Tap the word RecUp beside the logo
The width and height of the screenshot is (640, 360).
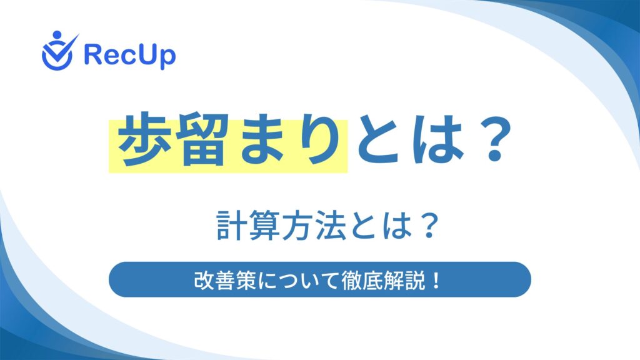130,56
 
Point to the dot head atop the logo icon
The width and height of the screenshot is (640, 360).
57,35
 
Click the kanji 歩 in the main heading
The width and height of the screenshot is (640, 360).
144,139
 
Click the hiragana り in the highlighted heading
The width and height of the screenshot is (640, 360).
317,139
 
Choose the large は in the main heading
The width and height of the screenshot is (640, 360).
439,139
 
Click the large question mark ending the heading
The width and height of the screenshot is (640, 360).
495,139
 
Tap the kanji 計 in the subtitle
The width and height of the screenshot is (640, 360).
231,225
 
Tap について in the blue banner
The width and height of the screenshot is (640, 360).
299,281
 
